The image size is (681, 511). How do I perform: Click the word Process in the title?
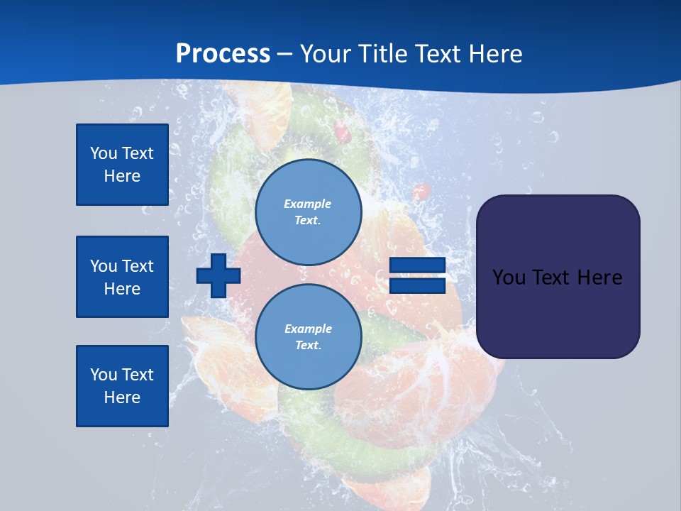pos(223,54)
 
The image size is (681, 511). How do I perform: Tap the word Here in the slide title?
pos(494,54)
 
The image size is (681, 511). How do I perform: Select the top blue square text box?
pos(122,165)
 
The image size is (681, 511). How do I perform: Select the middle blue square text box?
pos(122,277)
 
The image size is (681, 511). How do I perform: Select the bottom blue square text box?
pos(122,386)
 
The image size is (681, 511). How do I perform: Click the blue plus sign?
pos(218,275)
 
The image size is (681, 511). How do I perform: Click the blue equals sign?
pos(417,276)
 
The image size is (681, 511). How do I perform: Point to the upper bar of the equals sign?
pos(417,266)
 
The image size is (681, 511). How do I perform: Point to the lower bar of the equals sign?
pos(417,286)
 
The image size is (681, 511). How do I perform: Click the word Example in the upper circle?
pos(307,204)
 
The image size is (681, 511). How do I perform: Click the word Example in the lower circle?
pos(307,329)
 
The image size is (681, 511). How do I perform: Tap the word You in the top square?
pos(104,153)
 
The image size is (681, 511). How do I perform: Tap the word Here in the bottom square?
pos(122,397)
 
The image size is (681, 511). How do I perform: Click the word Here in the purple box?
pos(600,278)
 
